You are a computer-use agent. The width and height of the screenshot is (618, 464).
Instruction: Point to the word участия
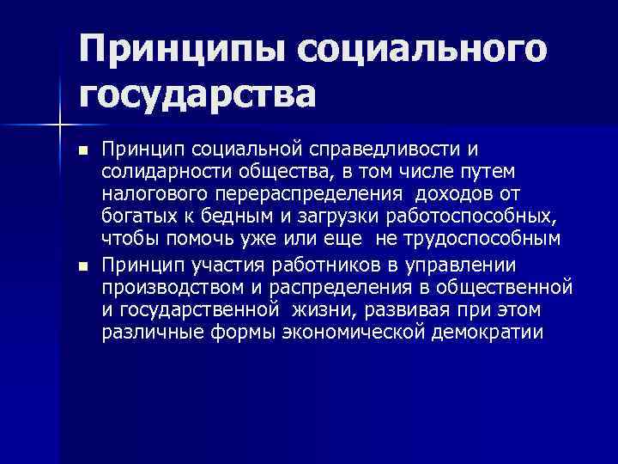pos(209,262)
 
